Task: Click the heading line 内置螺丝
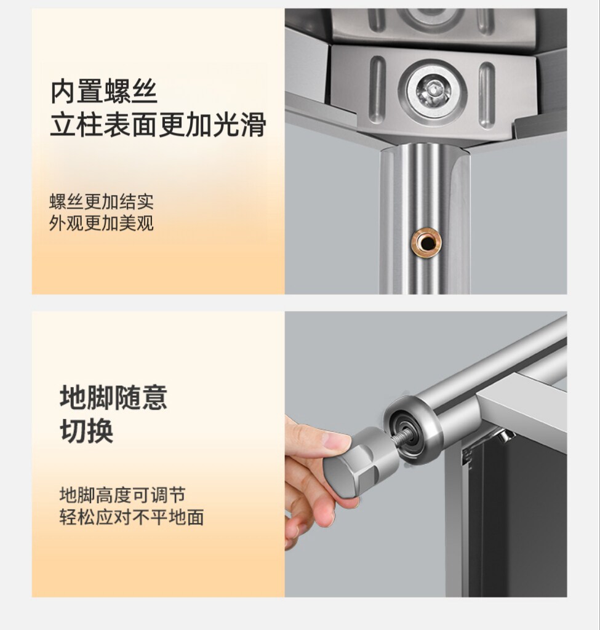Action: click(x=103, y=92)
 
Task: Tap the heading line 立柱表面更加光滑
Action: click(x=158, y=124)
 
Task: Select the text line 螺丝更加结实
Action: click(x=102, y=202)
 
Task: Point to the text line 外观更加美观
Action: click(x=102, y=223)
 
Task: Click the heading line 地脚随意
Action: click(x=113, y=398)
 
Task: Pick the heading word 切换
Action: click(x=86, y=431)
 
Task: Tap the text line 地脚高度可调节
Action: click(x=122, y=495)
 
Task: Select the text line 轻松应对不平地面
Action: click(x=132, y=517)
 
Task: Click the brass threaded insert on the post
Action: click(x=426, y=242)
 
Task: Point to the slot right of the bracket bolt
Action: click(x=487, y=95)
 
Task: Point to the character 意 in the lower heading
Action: click(x=154, y=398)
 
